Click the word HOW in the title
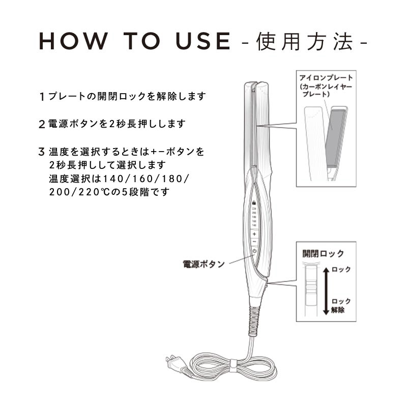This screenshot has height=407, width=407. coord(69,42)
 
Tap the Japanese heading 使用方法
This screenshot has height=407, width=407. coord(305,42)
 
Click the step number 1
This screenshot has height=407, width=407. coord(41,96)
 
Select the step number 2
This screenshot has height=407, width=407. coord(41,124)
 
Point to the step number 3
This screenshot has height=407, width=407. coord(41,152)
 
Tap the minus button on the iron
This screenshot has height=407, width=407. coord(254,241)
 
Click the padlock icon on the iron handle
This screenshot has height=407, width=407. coord(253,202)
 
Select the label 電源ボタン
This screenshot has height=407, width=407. coord(203,265)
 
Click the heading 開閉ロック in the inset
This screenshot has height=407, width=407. coord(323,253)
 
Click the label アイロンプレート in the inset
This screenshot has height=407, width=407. coord(326,77)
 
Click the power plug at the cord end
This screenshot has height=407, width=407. coord(172,362)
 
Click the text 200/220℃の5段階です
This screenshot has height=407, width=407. coord(109,192)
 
